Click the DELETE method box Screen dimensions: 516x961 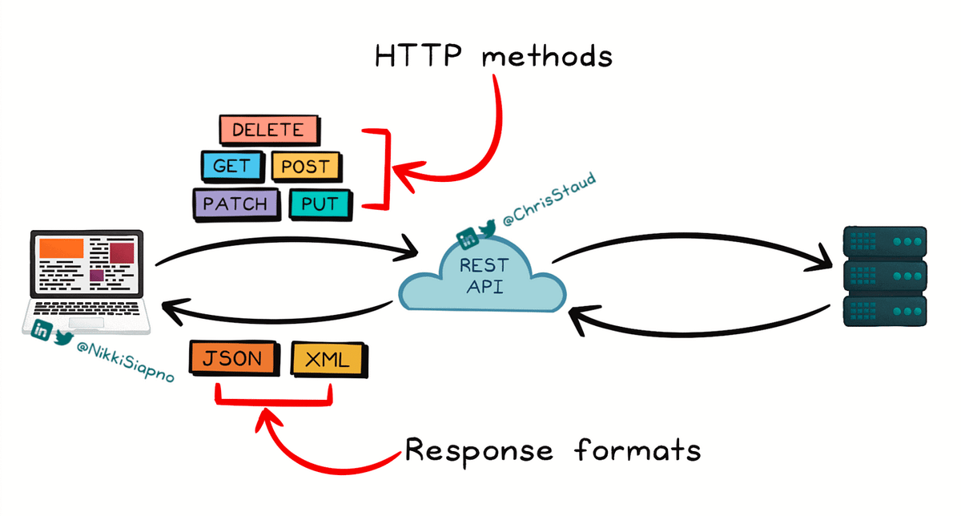pos(268,130)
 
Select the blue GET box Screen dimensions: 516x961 pos(231,167)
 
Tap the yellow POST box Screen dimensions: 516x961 pos(306,167)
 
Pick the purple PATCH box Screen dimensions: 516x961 pos(235,204)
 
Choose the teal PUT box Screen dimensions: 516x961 pos(320,204)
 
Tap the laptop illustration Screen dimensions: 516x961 pos(87,280)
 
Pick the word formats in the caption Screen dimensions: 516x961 pos(637,450)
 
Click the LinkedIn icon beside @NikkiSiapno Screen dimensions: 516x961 pos(40,329)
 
